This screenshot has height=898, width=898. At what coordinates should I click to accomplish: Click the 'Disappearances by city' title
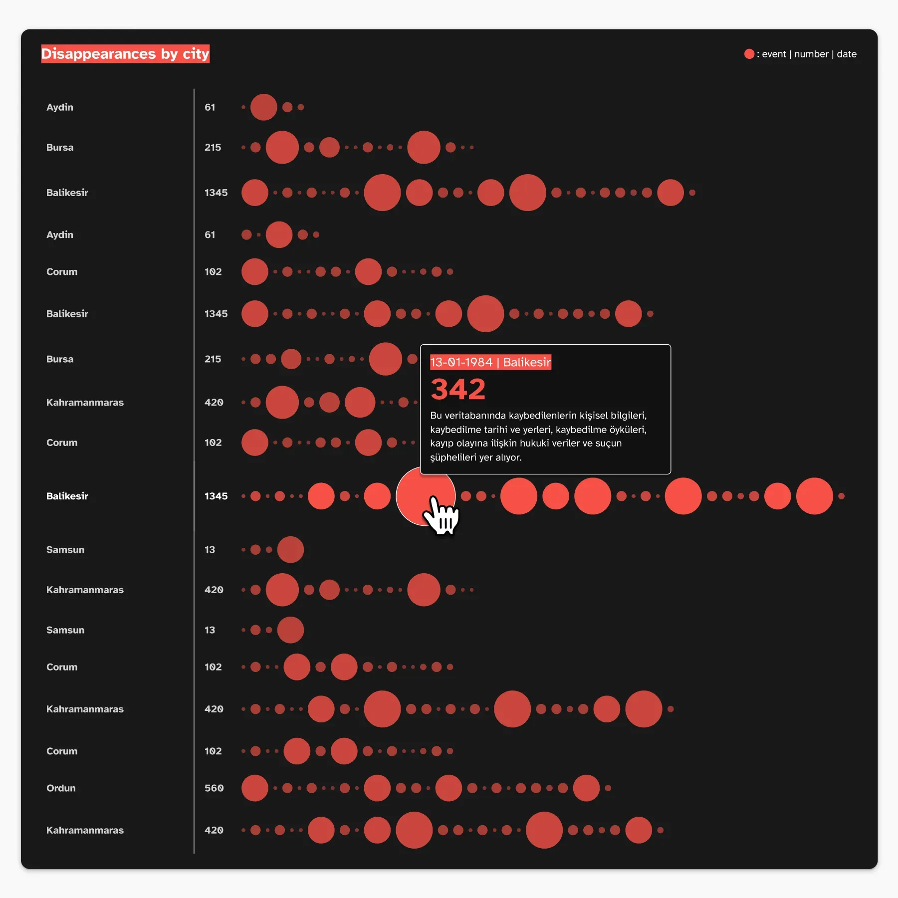(x=125, y=54)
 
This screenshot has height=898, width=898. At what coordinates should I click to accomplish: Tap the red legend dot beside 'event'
(x=749, y=54)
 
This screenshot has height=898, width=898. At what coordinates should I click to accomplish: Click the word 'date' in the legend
(x=847, y=54)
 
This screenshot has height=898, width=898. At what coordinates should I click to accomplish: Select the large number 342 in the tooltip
(x=457, y=389)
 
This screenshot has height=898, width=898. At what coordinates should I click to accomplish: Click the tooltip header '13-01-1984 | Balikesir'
(x=490, y=362)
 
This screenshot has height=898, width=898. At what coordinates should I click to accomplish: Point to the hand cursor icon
(x=442, y=515)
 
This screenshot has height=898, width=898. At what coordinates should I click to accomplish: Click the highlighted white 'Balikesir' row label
(x=67, y=496)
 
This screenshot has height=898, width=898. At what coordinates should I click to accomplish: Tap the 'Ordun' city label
(x=61, y=788)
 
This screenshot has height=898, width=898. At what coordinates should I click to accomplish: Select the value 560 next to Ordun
(x=214, y=788)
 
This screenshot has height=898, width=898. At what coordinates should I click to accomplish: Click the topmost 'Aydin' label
(x=59, y=107)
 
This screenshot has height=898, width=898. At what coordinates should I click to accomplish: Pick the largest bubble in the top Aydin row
(x=263, y=107)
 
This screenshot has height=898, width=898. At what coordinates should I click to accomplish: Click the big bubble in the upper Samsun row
(x=290, y=550)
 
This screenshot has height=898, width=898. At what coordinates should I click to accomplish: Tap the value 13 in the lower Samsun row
(x=210, y=630)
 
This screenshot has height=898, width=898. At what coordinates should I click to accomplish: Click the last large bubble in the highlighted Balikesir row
(x=814, y=496)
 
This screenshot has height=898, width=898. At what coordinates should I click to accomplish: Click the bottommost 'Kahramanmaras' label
(x=85, y=830)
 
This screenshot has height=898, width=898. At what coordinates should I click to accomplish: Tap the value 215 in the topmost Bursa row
(x=213, y=148)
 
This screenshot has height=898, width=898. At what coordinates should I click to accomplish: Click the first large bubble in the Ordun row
(x=255, y=788)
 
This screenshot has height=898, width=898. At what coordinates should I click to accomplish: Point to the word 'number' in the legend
(x=811, y=54)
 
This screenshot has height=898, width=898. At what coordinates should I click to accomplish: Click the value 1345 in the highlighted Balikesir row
(x=216, y=496)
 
